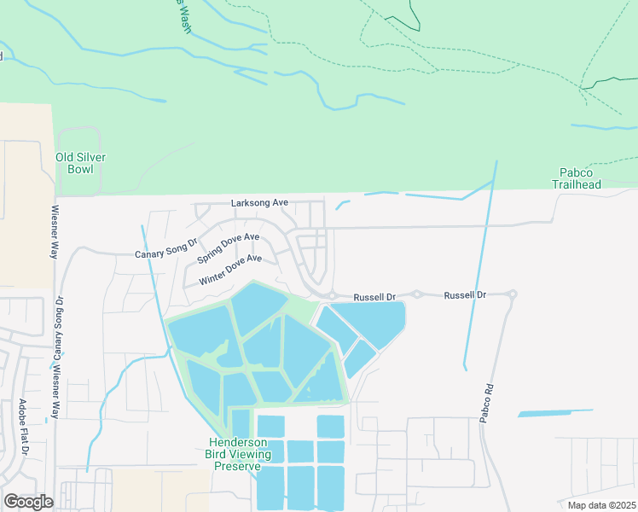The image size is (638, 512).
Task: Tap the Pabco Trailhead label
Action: pos(581,178)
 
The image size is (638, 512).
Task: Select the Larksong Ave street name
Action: pos(260,203)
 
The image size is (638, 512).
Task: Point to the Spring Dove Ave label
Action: pos(228,247)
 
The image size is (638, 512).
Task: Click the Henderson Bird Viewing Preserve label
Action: pos(241,454)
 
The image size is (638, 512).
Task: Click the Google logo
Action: pos(28,501)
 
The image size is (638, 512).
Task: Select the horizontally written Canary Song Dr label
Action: pos(166,254)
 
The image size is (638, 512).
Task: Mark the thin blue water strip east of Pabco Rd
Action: pos(555,413)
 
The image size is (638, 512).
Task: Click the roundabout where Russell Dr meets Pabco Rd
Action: pos(512,294)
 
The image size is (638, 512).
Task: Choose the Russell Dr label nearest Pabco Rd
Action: pos(465,294)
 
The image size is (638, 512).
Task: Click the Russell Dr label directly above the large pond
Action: pos(375,297)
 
